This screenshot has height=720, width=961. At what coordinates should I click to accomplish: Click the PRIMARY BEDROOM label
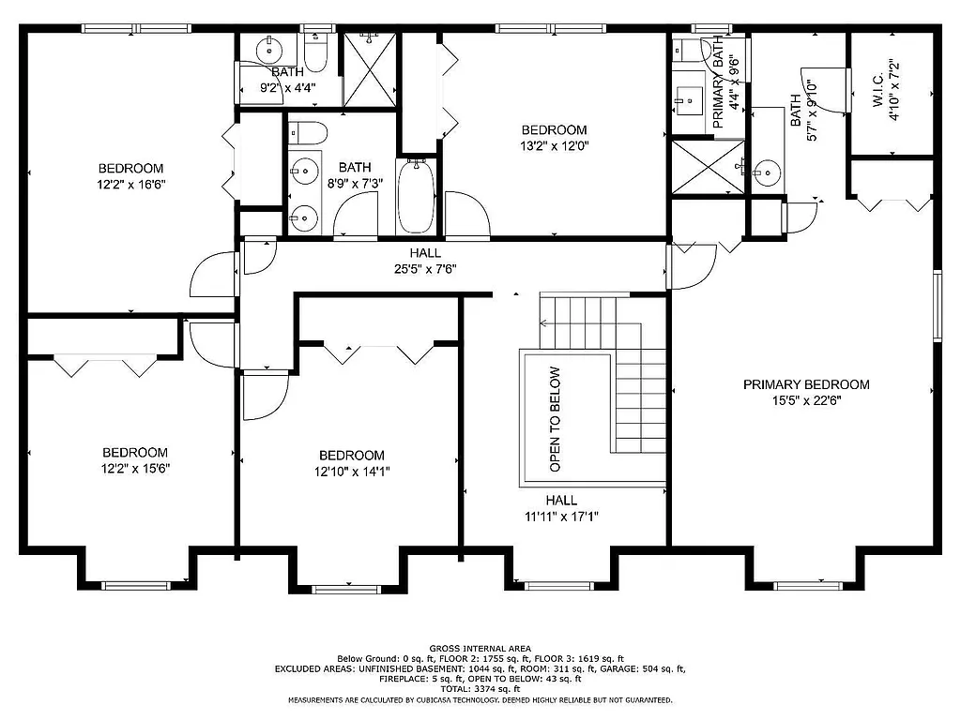[x=806, y=384]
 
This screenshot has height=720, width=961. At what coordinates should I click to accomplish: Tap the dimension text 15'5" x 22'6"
[x=806, y=400]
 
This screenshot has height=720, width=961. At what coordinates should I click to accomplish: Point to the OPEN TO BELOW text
[x=555, y=418]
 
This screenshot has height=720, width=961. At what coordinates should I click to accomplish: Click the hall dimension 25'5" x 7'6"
[x=425, y=269]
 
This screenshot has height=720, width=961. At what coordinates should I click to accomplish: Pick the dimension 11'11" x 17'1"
[x=561, y=516]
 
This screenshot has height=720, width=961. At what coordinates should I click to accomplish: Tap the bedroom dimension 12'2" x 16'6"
[x=131, y=185]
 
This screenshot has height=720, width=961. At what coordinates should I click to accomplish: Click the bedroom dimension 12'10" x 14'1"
[x=350, y=472]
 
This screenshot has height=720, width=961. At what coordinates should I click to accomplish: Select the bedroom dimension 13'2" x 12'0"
[x=554, y=146]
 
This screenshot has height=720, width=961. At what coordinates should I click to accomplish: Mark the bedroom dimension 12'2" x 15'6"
[x=135, y=468]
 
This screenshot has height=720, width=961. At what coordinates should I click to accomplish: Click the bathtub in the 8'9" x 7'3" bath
[x=415, y=196]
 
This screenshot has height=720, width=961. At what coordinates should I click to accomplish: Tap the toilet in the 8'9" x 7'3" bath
[x=309, y=132]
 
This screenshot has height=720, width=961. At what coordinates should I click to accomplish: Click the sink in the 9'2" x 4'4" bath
[x=270, y=47]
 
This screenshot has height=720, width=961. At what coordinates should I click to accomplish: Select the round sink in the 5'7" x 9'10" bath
[x=767, y=172]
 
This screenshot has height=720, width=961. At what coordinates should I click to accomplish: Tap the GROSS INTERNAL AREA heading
[x=480, y=649]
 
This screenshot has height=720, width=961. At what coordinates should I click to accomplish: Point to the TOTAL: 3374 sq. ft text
[x=480, y=689]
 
